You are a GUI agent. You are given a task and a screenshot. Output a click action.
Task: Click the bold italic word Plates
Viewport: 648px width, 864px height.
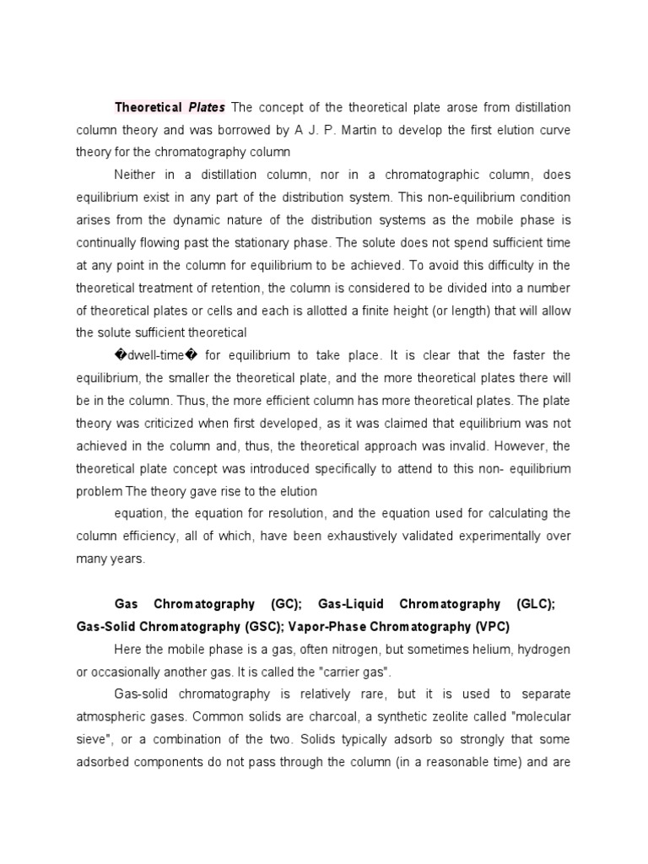[x=207, y=107]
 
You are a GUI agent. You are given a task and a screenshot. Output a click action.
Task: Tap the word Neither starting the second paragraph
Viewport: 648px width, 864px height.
[x=137, y=175]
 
